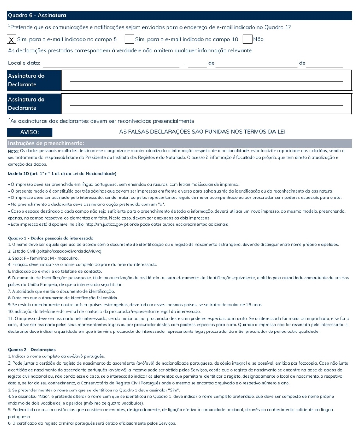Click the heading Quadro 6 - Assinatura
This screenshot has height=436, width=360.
click(37, 16)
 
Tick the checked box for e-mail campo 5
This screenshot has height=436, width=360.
click(12, 39)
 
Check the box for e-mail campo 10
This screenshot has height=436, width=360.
click(129, 39)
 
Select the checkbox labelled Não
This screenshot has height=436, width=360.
click(247, 39)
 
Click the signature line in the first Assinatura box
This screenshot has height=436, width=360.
click(206, 81)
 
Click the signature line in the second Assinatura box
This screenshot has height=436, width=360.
click(206, 104)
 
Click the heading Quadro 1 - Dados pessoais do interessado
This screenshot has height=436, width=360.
click(50, 238)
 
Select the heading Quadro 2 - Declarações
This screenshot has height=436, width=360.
click(32, 350)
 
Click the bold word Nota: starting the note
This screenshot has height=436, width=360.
click(13, 150)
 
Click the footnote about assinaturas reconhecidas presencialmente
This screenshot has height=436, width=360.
click(102, 121)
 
